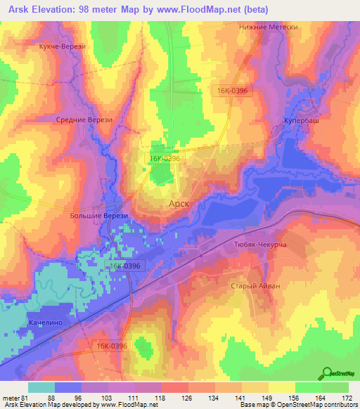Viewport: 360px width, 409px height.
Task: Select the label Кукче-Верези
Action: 63,46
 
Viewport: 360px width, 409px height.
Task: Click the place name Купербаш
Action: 302,122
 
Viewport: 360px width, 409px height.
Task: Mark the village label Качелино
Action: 47,323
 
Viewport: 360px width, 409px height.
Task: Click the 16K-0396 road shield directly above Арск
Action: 165,159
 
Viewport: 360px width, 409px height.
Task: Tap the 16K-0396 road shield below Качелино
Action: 112,346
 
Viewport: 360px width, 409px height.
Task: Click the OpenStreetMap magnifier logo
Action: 327,373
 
